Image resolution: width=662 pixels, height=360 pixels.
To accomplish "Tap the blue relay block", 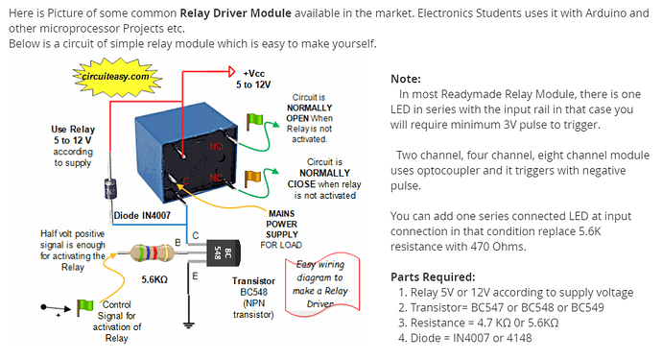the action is click(x=186, y=153).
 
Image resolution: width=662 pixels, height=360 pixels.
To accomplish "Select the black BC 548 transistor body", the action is click(x=223, y=253).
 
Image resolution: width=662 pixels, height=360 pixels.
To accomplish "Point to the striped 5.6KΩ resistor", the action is click(x=152, y=253).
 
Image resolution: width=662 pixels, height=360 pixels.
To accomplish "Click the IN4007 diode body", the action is click(x=110, y=188).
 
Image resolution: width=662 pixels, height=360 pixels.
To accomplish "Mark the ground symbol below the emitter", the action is click(x=188, y=325).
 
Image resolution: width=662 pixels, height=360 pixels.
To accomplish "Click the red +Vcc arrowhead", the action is click(x=231, y=71).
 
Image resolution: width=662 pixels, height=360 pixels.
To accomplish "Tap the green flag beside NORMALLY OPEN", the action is click(x=254, y=122).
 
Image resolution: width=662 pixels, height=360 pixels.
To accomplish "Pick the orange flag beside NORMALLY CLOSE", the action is click(x=253, y=178).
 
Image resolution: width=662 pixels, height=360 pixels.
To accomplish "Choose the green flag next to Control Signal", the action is click(x=84, y=307).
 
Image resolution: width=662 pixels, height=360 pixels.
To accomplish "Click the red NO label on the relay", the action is click(x=216, y=147).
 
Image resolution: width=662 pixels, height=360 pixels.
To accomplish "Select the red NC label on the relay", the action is click(x=216, y=178).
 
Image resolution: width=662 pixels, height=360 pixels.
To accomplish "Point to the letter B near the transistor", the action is click(x=177, y=243).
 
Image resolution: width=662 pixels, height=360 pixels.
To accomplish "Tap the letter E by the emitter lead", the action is click(x=195, y=276).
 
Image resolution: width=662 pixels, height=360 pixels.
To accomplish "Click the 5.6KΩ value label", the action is click(x=154, y=279).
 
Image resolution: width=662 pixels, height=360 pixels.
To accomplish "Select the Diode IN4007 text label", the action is click(x=142, y=215).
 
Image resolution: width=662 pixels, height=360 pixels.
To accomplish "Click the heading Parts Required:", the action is click(x=433, y=277).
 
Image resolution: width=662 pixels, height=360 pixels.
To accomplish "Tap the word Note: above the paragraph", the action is click(x=406, y=79).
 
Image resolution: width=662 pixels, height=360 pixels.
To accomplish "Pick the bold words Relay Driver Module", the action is click(x=236, y=13).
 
